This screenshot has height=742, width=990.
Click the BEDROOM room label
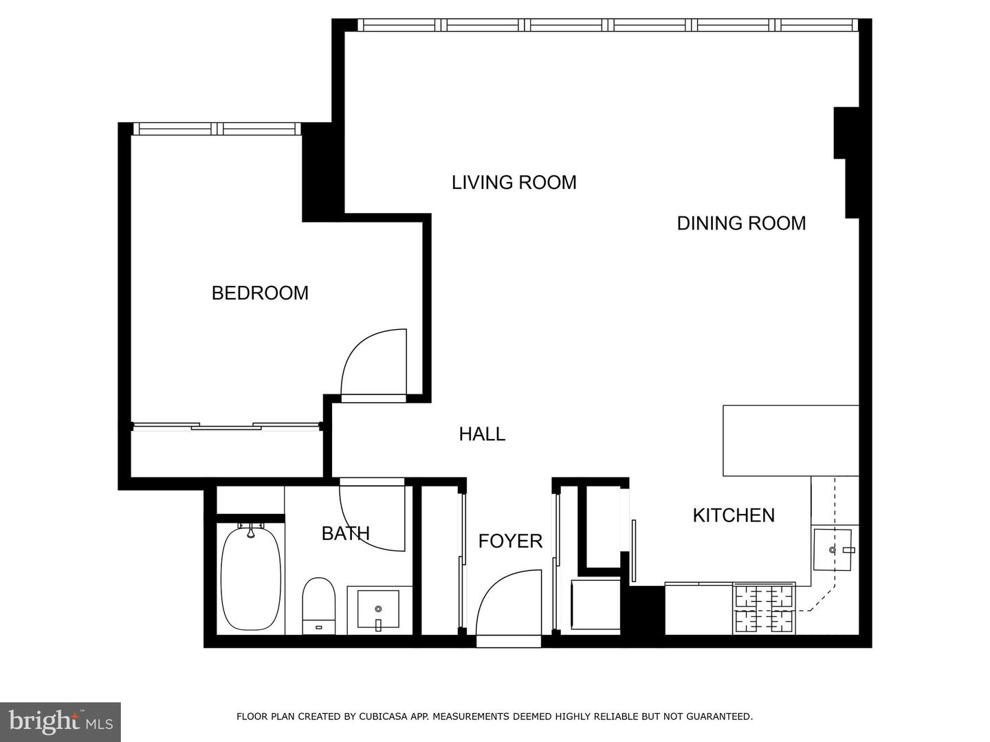260,293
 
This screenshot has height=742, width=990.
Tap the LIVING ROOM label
514,182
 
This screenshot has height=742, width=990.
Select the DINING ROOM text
741,223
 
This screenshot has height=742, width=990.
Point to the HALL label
482,434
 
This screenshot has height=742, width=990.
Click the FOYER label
510,541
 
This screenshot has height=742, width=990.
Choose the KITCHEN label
733,515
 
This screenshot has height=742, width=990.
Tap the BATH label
346,533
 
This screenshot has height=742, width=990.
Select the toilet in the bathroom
318,605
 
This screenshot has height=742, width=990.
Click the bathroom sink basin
378,609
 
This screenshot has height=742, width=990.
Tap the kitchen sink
833,550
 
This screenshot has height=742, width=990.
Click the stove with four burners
764,609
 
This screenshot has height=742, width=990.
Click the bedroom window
217,128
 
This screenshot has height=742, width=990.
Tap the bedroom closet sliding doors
227,427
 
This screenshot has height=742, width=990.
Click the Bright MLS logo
60,721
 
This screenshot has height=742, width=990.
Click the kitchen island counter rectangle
791,440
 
